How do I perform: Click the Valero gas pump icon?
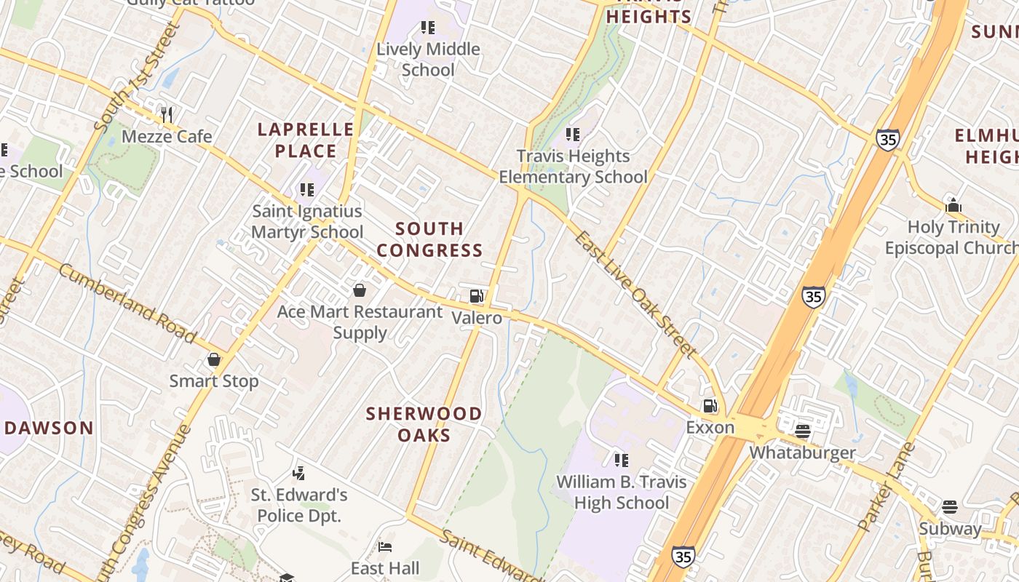pos(477,295)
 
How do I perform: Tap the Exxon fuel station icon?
pos(710,406)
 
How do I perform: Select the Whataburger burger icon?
pos(803,431)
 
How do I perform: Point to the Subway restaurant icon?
pos(949,506)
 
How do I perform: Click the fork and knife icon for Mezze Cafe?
pos(167,114)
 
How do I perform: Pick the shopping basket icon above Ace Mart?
pos(359,291)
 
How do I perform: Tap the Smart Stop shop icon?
pos(214,359)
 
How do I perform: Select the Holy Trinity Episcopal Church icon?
pos(953,206)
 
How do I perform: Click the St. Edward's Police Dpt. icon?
pos(298,474)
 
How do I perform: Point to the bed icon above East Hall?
pos(385,547)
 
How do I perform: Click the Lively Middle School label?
pos(428,60)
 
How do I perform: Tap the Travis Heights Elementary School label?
pos(573,167)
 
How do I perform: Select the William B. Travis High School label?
pos(621,493)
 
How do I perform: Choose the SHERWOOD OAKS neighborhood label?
pos(424,424)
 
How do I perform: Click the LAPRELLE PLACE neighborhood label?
pos(306,140)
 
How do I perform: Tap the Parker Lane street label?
pos(886,485)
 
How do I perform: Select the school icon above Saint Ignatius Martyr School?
pos(307,190)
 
